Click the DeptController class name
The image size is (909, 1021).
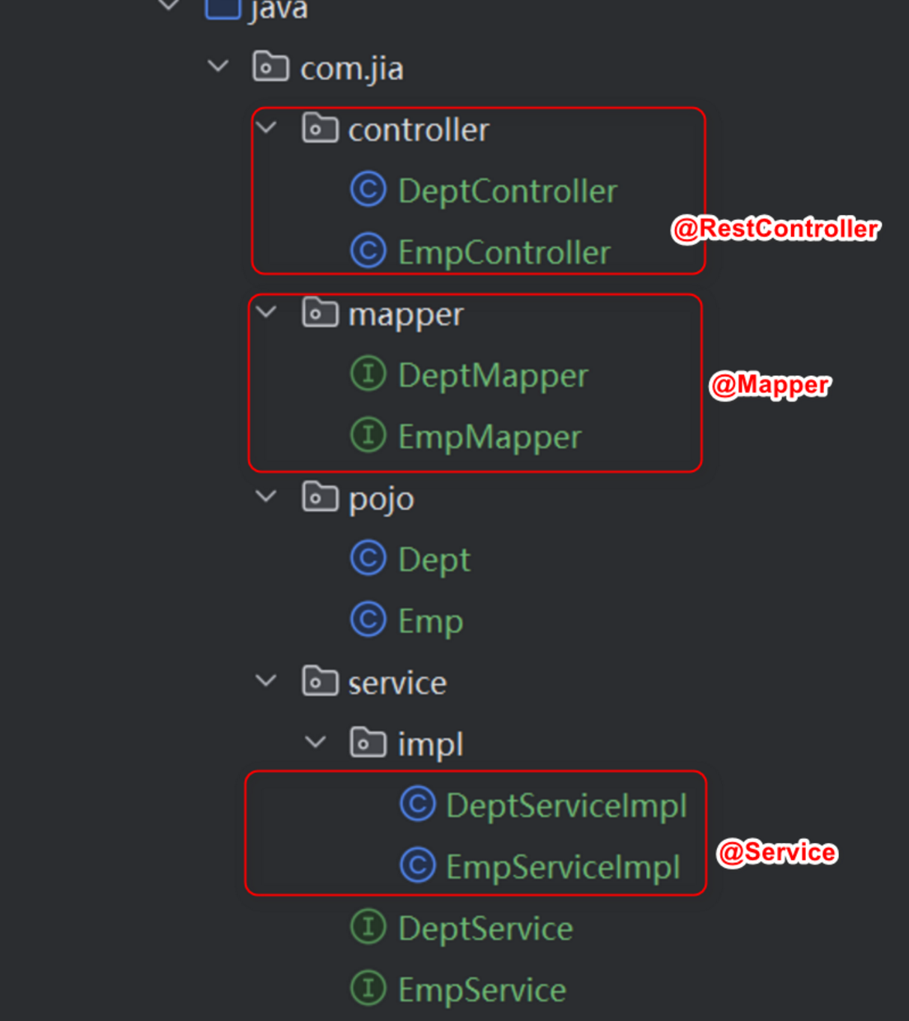(507, 191)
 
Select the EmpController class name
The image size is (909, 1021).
(504, 252)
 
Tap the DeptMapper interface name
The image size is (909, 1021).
(493, 376)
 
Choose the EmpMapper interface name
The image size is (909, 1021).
(490, 437)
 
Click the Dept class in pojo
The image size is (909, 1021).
(433, 560)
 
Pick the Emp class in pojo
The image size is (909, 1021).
(430, 621)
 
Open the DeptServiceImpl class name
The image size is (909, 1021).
(566, 805)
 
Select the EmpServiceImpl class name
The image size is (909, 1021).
(563, 867)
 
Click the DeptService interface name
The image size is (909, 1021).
(485, 929)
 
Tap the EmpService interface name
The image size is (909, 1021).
(482, 990)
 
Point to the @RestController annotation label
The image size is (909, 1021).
(775, 228)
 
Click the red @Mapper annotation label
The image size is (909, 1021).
(770, 385)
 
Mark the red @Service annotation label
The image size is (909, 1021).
(776, 852)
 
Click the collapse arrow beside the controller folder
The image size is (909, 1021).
(266, 128)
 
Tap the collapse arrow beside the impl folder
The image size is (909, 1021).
(315, 742)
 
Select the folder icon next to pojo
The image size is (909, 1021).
(320, 497)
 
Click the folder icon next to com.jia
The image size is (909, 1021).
(270, 67)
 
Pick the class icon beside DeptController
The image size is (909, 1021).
(368, 190)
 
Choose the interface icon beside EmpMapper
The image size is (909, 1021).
(368, 435)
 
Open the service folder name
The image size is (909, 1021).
(397, 683)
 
